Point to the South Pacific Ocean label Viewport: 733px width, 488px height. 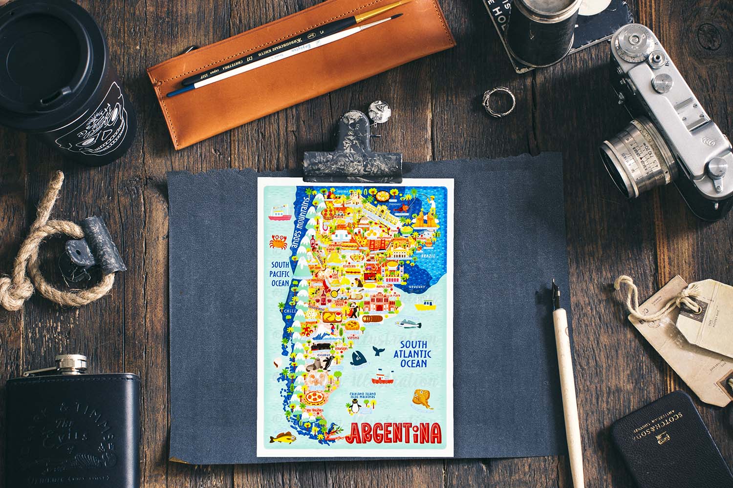tap(280, 273)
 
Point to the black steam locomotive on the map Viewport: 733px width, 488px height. tap(321, 346)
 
